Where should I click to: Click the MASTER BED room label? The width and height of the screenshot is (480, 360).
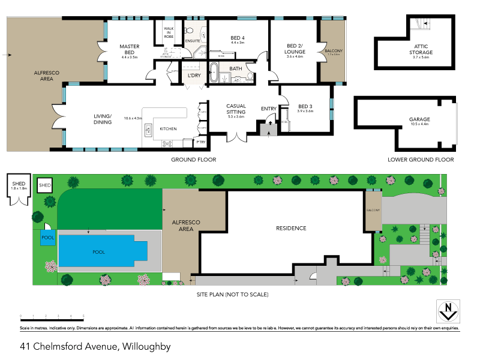(x=129, y=49)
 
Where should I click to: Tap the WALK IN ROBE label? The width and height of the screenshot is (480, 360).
(x=169, y=33)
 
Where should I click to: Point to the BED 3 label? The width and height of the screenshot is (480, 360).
(x=305, y=108)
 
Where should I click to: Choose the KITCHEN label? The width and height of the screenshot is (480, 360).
(x=169, y=129)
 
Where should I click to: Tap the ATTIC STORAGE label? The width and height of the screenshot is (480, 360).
(x=423, y=49)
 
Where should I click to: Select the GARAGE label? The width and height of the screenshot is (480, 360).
(x=419, y=119)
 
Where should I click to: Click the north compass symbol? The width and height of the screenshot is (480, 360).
(x=445, y=311)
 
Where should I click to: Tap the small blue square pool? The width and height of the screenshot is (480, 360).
(x=47, y=238)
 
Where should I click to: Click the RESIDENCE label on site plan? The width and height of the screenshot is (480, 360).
(x=291, y=228)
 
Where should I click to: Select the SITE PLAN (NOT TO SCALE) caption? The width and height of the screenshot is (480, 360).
(x=232, y=295)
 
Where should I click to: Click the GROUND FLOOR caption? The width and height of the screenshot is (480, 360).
(x=193, y=160)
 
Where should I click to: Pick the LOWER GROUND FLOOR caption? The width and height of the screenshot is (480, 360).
(x=421, y=160)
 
